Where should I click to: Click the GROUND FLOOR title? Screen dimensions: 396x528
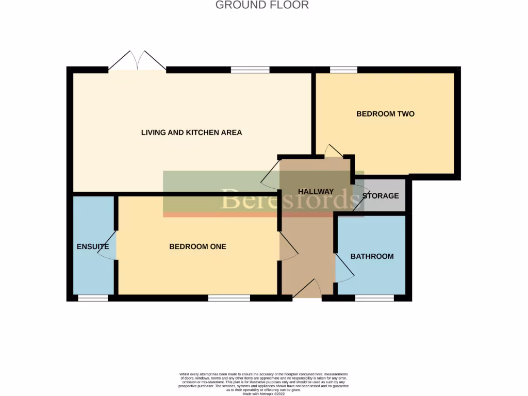point(262,5)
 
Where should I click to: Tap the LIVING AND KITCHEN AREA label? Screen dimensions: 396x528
point(191,133)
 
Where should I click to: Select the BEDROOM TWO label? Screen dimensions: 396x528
point(385,114)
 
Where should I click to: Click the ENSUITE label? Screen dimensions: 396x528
point(93,246)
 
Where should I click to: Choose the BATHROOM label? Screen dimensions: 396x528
point(372,256)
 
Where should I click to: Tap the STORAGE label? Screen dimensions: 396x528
point(381,196)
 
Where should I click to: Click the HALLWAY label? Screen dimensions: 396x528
point(316,191)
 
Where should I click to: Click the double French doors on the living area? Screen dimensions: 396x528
point(137,62)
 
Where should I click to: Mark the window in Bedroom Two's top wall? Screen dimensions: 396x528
point(343,70)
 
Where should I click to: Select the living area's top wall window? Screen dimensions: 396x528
point(250,70)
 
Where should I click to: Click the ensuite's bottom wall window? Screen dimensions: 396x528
point(93,298)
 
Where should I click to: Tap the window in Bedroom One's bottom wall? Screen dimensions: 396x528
point(229,298)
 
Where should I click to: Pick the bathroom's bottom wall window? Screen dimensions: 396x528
point(374,298)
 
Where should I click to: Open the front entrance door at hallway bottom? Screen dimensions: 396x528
point(307,290)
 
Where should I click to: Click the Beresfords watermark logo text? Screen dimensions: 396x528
point(289,199)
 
